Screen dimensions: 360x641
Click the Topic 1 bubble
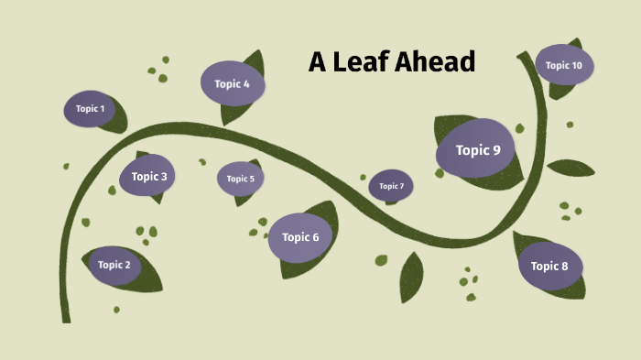[x=90, y=109]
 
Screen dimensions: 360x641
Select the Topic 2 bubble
[x=114, y=265]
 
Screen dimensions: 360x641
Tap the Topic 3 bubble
[x=148, y=176]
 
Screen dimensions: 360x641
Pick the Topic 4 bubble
[x=232, y=83]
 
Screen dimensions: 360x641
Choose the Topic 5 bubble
[x=240, y=179]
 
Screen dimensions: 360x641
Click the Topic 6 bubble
[x=299, y=237]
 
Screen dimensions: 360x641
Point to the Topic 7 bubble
[x=391, y=186]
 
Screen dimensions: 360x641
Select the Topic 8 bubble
[x=549, y=266]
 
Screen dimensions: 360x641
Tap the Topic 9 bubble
[x=476, y=150]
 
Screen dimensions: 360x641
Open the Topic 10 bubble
[x=563, y=65]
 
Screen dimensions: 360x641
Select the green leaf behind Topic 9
[x=508, y=174]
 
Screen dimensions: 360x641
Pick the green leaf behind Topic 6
[x=327, y=220]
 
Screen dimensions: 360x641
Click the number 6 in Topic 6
[x=315, y=237]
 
